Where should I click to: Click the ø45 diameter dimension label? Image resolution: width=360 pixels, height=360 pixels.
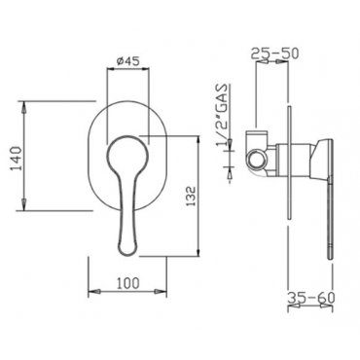[127, 60]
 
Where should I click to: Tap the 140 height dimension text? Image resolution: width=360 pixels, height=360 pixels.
[16, 159]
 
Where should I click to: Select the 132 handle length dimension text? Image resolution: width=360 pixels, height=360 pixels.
[192, 196]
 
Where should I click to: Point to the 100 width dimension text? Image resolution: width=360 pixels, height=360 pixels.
[127, 283]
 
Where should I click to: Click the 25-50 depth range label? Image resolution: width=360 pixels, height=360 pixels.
[274, 54]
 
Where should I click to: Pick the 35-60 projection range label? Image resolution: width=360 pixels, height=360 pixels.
[311, 297]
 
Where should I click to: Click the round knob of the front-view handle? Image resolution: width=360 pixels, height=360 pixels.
[127, 156]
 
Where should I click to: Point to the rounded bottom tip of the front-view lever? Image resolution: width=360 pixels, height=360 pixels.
[127, 250]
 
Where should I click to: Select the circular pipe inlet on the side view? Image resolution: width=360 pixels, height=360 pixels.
[257, 160]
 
